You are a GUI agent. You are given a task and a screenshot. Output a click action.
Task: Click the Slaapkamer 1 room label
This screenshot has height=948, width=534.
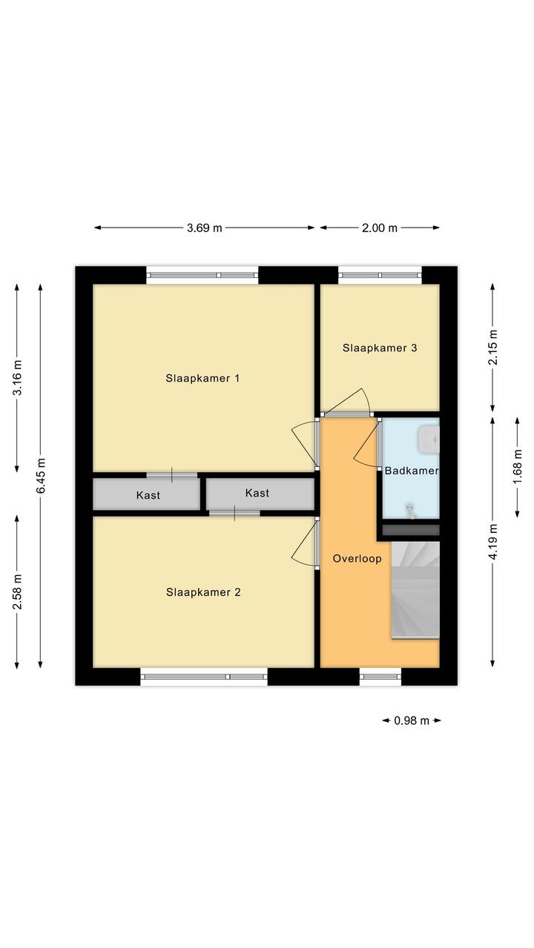click(202, 378)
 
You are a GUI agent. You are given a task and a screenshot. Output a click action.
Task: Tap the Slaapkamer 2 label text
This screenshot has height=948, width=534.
click(203, 592)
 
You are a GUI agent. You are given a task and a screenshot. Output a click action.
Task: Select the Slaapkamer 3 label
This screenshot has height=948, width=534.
click(380, 348)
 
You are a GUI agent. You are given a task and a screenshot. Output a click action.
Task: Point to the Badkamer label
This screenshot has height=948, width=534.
click(411, 471)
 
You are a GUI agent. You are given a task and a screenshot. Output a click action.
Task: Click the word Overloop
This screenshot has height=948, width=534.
click(357, 559)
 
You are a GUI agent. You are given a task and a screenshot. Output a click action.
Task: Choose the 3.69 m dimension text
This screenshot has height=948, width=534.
click(205, 228)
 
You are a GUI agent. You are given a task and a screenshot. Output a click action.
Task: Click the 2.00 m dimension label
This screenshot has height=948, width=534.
click(380, 228)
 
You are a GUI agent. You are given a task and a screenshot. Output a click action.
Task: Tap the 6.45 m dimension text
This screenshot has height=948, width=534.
click(41, 475)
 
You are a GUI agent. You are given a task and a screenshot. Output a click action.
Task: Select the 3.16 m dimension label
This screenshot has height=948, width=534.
click(17, 377)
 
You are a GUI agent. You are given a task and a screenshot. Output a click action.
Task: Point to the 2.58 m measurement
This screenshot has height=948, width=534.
click(17, 591)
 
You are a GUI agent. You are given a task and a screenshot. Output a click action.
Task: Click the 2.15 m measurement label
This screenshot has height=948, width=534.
click(493, 347)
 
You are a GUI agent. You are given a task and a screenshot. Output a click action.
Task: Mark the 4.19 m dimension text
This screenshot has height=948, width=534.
click(493, 542)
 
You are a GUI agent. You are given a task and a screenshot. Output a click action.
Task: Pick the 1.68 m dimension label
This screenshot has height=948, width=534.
click(518, 467)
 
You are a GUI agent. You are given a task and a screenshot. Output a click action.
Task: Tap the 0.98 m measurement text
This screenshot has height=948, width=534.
click(412, 720)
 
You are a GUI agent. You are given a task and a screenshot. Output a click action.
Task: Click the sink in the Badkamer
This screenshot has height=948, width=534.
click(429, 439)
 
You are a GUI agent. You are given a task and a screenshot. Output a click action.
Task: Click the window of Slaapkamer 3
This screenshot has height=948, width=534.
click(380, 275)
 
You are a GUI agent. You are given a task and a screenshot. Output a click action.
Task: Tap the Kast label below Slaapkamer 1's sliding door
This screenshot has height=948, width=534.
click(148, 494)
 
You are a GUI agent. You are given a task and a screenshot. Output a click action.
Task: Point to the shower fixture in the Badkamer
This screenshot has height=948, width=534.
click(410, 511)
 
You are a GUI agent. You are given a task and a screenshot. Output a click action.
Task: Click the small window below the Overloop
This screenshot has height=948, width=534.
click(380, 677)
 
